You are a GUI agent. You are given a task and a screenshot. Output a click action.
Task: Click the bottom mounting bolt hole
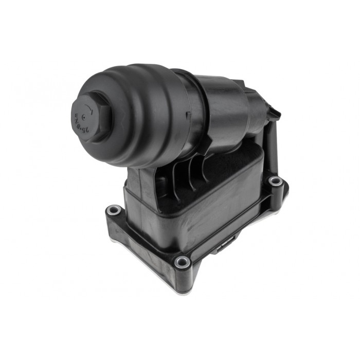click(x=182, y=262)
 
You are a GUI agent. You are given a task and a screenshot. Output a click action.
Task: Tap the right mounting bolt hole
click(x=276, y=181)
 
